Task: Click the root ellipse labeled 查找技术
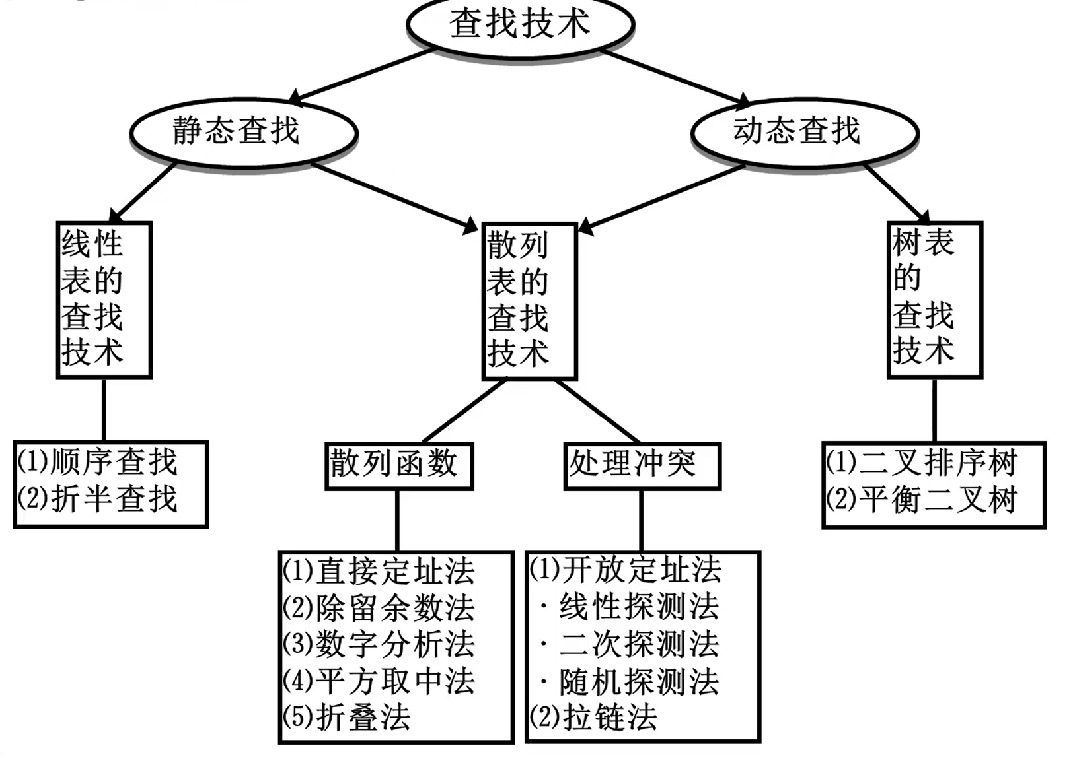(520, 25)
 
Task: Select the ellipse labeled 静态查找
(243, 131)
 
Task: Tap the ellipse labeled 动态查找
(804, 131)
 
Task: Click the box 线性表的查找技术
(104, 300)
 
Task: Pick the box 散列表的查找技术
(529, 301)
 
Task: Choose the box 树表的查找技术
(934, 300)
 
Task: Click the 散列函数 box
(399, 465)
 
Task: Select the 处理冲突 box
(641, 465)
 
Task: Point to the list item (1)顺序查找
(98, 461)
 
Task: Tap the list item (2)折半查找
(98, 498)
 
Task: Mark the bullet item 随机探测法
(631, 682)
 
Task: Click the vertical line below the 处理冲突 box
(641, 520)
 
